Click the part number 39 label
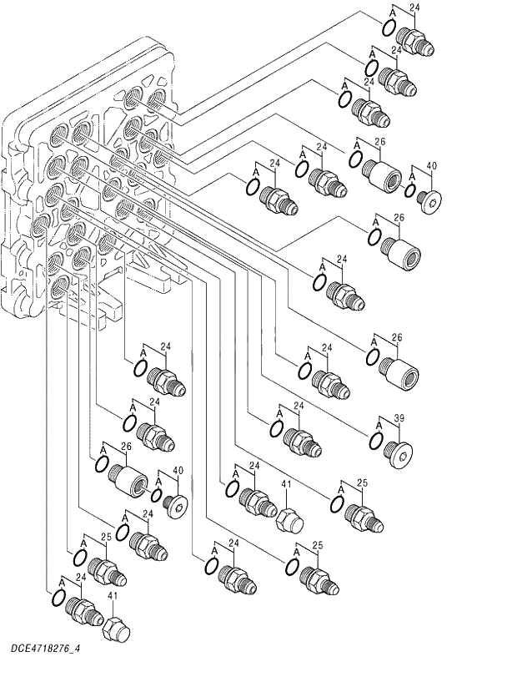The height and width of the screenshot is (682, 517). (399, 417)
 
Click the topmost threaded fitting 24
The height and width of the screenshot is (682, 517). (414, 39)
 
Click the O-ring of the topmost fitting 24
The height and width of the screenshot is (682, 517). (389, 28)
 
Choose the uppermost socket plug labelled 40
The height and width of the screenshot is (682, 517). (430, 201)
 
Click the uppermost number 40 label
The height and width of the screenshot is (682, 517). (430, 166)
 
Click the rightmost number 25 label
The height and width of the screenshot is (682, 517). (362, 483)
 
